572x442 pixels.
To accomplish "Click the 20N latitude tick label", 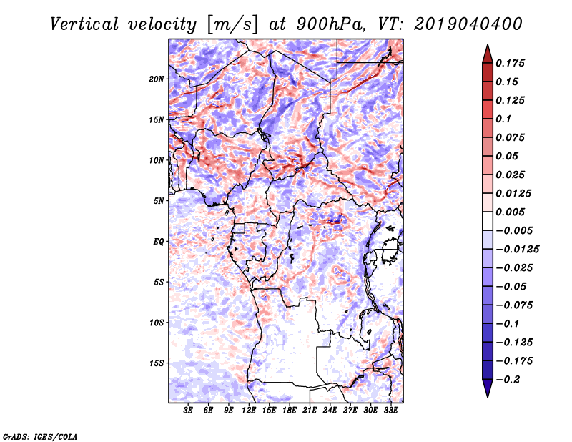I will pos(157,79).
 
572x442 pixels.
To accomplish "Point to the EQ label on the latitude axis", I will pos(158,242).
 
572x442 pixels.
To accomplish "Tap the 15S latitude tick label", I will pos(157,363).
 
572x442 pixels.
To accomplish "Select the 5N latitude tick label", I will pos(159,201).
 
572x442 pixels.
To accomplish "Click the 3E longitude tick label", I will pos(189,411).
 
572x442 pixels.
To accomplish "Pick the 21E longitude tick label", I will pos(310,411).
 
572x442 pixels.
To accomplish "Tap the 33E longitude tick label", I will pos(391,411).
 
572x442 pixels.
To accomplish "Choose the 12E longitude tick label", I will pos(250,411).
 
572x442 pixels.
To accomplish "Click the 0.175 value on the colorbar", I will pos(511,63).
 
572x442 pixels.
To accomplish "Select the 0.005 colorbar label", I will pos(511,212).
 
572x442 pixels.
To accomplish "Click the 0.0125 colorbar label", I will pos(514,193).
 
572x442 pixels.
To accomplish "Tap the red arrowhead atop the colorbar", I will pos(486,51).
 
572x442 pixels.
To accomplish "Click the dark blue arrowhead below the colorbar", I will pos(486,389).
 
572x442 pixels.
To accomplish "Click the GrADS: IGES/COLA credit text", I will pos(40,435).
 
